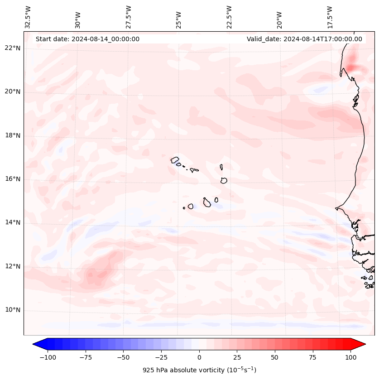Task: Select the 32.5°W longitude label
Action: click(x=28, y=17)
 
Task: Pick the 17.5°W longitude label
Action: click(x=330, y=17)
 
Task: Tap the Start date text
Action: click(x=87, y=39)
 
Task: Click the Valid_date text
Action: click(x=304, y=39)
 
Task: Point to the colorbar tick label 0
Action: click(x=199, y=357)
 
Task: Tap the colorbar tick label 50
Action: click(x=275, y=357)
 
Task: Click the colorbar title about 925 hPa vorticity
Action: click(x=199, y=370)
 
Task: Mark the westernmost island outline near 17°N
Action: click(x=175, y=159)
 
